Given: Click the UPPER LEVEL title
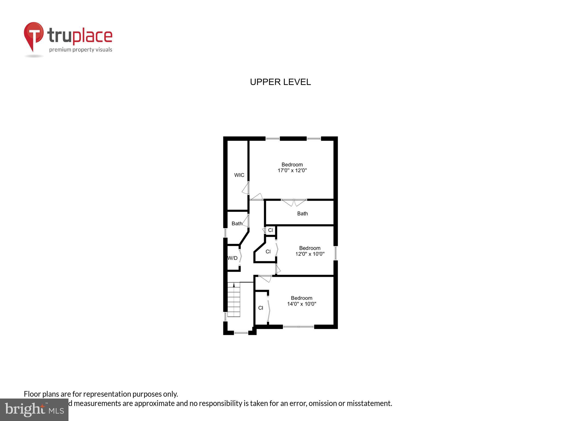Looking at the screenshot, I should [280, 82].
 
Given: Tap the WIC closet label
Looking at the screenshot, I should [239, 175].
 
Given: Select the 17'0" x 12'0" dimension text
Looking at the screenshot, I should [292, 170].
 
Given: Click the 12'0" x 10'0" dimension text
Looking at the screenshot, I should [310, 254].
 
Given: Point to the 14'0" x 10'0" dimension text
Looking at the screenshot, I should [302, 304].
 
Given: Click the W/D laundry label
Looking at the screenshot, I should [233, 258].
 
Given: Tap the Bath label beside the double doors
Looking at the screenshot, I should [302, 214].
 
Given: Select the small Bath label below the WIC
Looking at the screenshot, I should [237, 224].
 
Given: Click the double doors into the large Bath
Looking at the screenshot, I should [294, 203].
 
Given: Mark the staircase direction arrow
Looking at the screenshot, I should [234, 285].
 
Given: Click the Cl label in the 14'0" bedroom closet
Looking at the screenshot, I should [261, 308].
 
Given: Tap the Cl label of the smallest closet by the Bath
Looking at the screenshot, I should [270, 230].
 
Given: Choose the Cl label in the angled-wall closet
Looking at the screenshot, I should [268, 252].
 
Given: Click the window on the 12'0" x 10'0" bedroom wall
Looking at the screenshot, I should [335, 253].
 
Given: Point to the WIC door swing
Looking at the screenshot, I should [246, 188].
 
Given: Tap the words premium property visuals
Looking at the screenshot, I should [81, 50].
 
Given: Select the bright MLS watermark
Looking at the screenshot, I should [34, 409].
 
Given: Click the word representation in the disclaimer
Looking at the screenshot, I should [107, 394].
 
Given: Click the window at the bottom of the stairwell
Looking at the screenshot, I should [241, 333].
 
